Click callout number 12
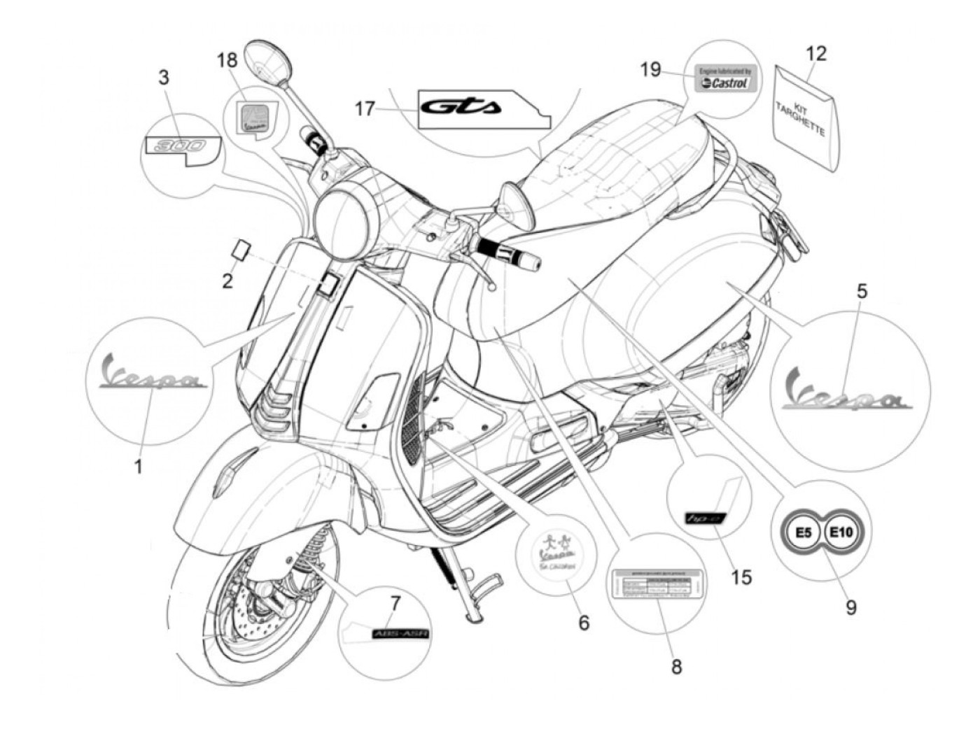tap(816, 53)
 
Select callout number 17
tap(364, 108)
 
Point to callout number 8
tap(675, 667)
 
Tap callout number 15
tap(741, 577)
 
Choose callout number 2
tap(227, 281)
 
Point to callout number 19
tap(650, 70)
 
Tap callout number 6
tap(584, 621)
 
